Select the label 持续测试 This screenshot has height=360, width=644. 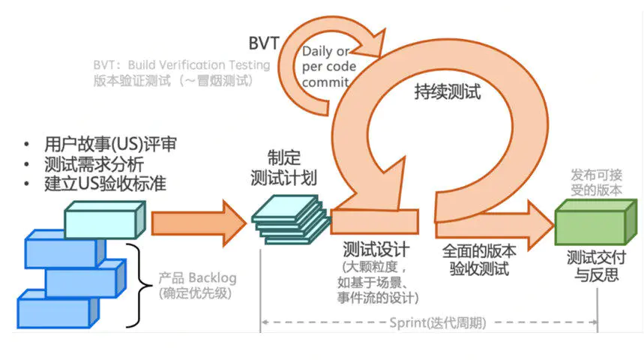(448, 92)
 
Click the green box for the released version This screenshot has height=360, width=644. (590, 223)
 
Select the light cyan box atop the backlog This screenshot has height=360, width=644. (100, 220)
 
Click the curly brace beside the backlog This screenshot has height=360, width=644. (132, 285)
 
